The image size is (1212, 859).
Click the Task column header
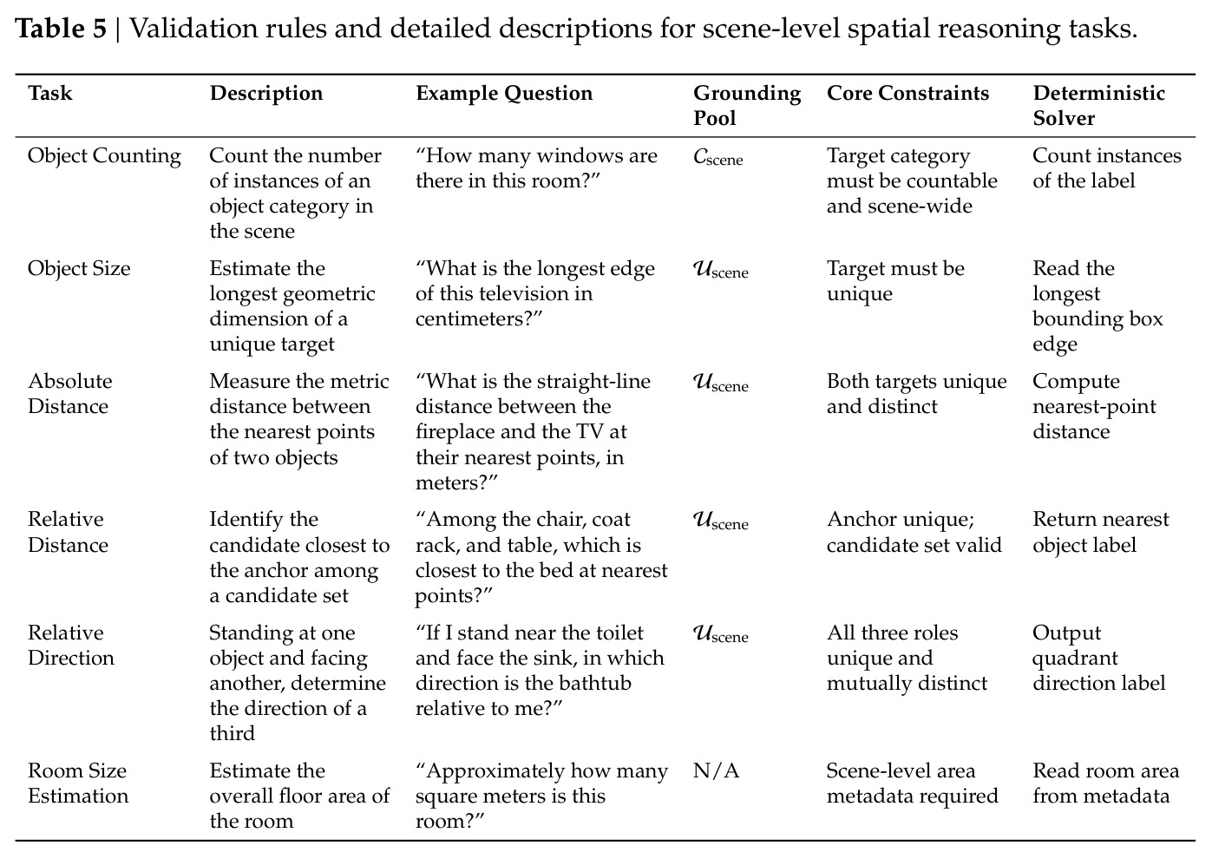pyautogui.click(x=49, y=93)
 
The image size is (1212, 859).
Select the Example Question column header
pyautogui.click(x=504, y=94)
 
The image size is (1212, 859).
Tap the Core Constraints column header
pyautogui.click(x=908, y=93)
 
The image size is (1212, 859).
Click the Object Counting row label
pyautogui.click(x=104, y=156)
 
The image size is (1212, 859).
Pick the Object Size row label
pyautogui.click(x=79, y=268)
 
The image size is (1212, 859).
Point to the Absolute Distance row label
pyautogui.click(x=69, y=394)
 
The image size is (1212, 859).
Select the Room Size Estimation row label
pyautogui.click(x=78, y=784)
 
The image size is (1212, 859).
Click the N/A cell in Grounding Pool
pyautogui.click(x=716, y=770)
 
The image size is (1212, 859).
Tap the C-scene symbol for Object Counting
pyautogui.click(x=717, y=157)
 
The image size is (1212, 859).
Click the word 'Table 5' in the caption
pyautogui.click(x=61, y=28)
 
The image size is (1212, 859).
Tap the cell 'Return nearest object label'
pyautogui.click(x=1101, y=532)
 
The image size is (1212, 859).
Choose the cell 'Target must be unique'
pyautogui.click(x=895, y=281)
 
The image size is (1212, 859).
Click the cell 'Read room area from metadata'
pyautogui.click(x=1105, y=784)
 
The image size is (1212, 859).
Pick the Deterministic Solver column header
pyautogui.click(x=1098, y=106)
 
